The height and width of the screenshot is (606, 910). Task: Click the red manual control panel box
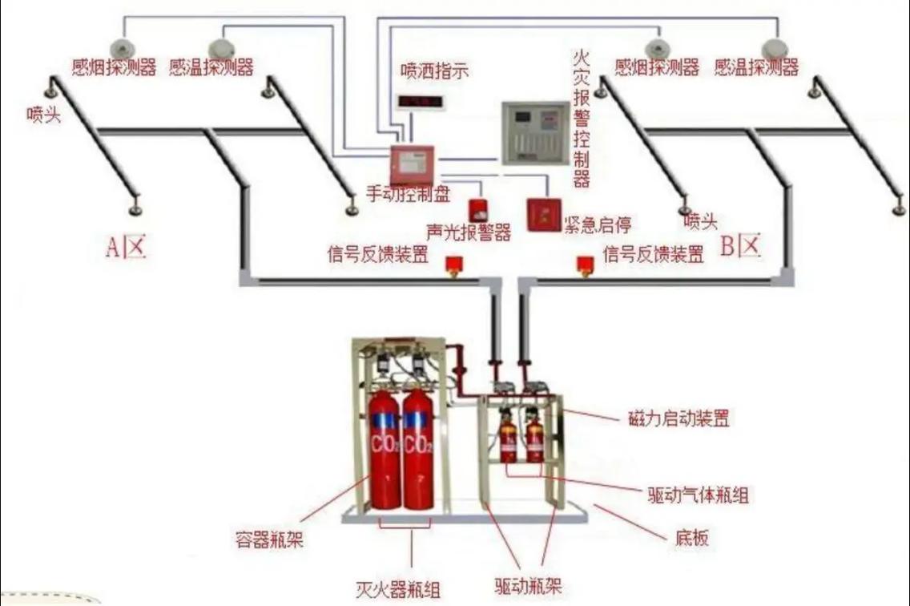(x=412, y=164)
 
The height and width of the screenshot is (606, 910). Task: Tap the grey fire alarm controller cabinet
(x=535, y=133)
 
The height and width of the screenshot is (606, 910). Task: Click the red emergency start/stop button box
(x=545, y=215)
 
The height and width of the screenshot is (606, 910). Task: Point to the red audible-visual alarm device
(x=477, y=210)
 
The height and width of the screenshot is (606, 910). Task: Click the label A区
(x=126, y=247)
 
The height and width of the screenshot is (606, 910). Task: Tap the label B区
(x=740, y=246)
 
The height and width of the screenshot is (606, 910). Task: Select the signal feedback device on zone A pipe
(x=453, y=265)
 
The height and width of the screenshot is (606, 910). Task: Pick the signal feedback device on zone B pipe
(x=584, y=265)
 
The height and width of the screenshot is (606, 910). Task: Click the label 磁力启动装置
(x=678, y=418)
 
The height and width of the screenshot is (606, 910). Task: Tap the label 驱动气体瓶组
(x=699, y=495)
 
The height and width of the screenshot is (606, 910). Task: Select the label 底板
(x=691, y=537)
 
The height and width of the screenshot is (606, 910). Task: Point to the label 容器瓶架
(x=269, y=539)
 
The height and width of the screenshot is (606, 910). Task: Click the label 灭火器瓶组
(x=398, y=590)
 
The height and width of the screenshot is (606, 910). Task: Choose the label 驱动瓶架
(x=528, y=586)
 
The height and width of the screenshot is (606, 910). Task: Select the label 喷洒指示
(x=434, y=71)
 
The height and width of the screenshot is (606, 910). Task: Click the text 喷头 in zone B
(x=700, y=220)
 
